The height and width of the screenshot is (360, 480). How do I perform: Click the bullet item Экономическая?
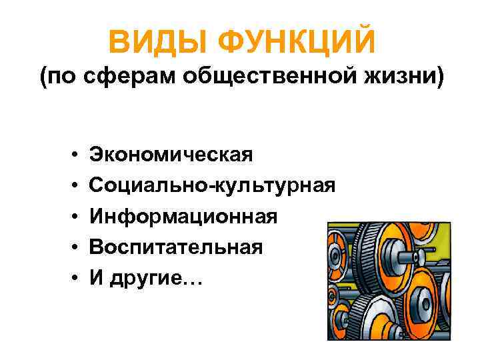point(171,155)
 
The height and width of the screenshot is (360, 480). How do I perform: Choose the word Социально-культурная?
point(212,185)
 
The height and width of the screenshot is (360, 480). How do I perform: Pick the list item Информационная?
point(183,217)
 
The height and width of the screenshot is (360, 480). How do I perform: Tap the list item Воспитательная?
point(176,247)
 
